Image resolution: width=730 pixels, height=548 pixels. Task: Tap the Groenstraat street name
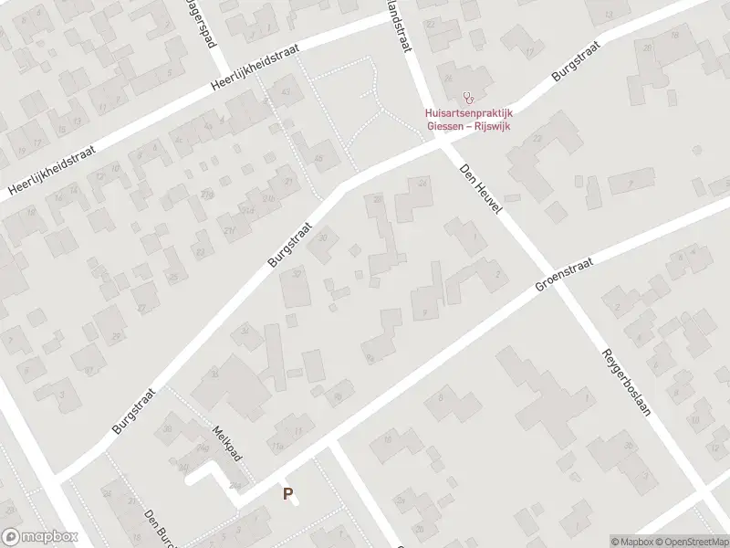coord(564,273)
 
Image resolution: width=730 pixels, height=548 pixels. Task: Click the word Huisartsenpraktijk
coord(464,113)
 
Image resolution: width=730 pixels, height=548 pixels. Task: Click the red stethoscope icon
coord(469,97)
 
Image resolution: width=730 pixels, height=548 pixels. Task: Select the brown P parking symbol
coord(288,494)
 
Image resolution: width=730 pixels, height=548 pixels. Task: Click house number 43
coord(288,92)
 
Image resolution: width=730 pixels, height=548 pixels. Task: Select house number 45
coord(318,159)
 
